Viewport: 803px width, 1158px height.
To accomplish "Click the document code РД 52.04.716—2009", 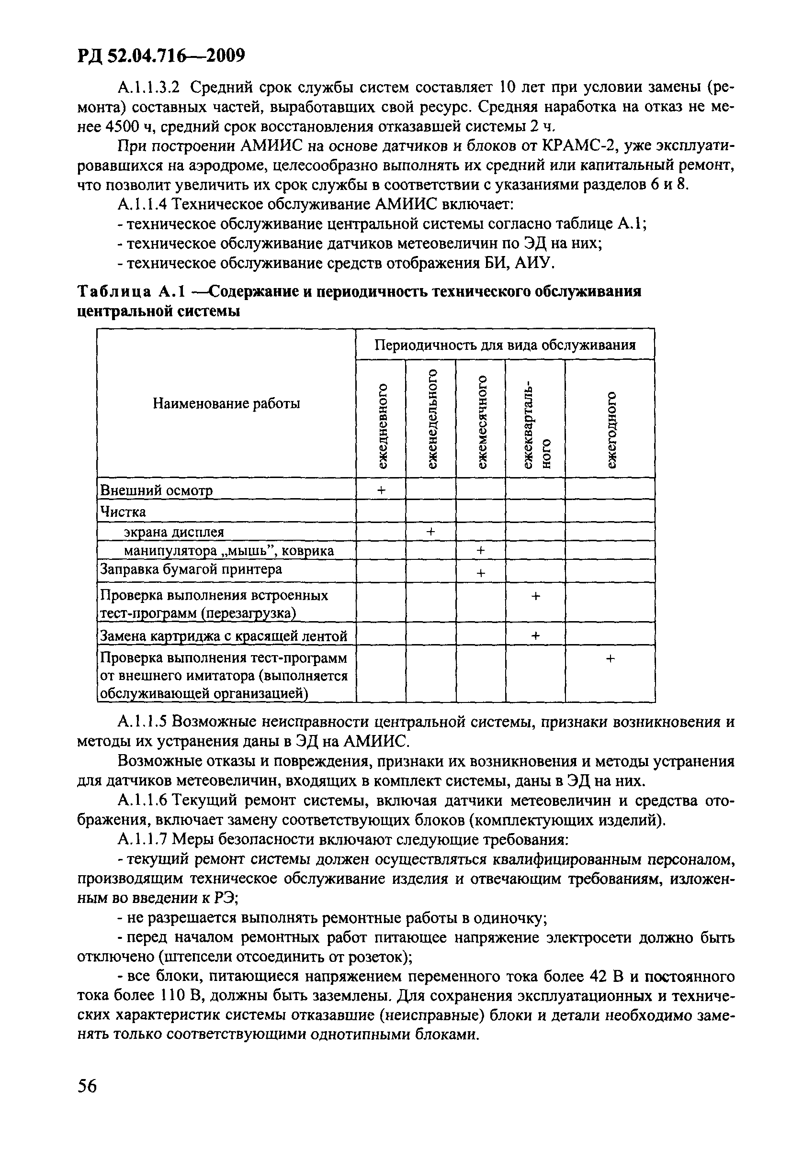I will click(x=160, y=56).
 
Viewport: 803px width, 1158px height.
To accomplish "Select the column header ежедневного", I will click(x=383, y=425).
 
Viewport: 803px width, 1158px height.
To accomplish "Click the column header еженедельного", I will click(x=432, y=419).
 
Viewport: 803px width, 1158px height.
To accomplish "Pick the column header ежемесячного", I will click(x=482, y=423).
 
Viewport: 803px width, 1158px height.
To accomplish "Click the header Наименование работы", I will click(x=226, y=403).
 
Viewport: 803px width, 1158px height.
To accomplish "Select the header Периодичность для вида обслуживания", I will click(x=505, y=345).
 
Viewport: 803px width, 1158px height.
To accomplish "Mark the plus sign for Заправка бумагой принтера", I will click(x=481, y=573).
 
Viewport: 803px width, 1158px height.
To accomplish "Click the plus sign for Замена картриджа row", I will click(x=535, y=636).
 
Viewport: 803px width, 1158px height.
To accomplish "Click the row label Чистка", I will click(x=123, y=512).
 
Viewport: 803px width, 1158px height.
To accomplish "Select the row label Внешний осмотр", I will click(x=157, y=490).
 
